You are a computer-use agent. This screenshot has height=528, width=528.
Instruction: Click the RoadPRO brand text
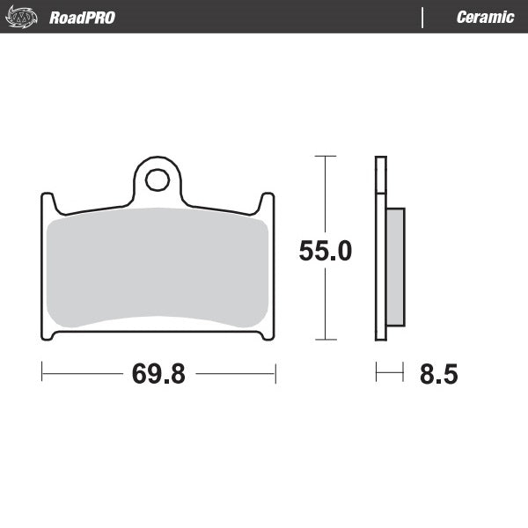tap(82, 18)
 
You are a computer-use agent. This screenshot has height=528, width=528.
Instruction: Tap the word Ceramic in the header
tap(485, 18)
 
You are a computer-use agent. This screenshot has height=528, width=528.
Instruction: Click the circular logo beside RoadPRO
tap(25, 18)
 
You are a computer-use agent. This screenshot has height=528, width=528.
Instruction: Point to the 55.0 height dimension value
tap(325, 252)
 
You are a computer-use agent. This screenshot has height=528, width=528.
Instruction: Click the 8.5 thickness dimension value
tap(438, 374)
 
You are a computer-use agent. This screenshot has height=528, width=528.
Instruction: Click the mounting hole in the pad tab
tap(158, 180)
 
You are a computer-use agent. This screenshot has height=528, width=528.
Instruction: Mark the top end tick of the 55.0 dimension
tap(325, 157)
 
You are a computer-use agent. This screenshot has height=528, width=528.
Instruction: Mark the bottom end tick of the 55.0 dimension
tap(325, 340)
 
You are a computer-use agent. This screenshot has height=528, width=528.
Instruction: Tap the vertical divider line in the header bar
tap(423, 18)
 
